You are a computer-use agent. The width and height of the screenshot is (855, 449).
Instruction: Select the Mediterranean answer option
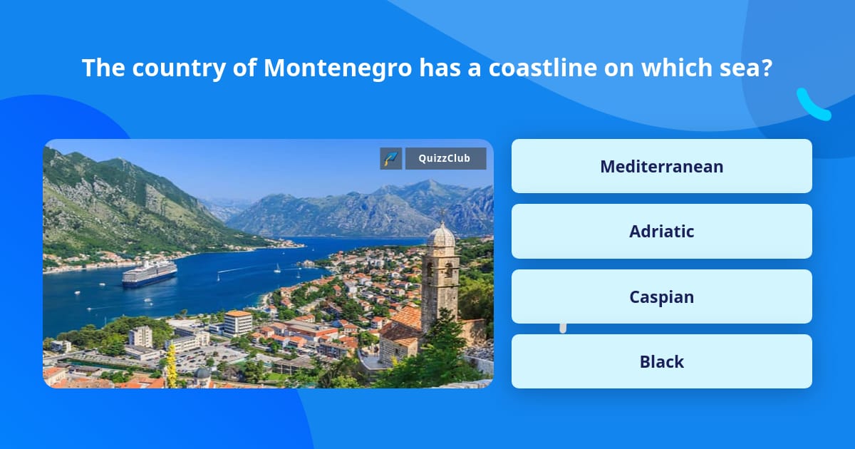(x=661, y=166)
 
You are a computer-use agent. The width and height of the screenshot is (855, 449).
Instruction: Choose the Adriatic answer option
(x=661, y=232)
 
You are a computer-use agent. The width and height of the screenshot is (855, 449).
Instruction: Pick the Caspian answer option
(x=661, y=296)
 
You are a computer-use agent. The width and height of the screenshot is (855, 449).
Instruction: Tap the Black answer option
(x=661, y=361)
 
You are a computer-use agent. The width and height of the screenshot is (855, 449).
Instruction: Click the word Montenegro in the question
(x=337, y=68)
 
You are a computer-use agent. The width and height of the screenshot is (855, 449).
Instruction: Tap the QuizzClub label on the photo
(x=445, y=158)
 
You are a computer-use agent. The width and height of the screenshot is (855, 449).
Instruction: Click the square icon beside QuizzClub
(x=391, y=158)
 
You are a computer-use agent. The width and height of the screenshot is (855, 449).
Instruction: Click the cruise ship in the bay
(x=149, y=273)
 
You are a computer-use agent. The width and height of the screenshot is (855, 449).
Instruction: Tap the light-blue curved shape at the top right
(x=813, y=105)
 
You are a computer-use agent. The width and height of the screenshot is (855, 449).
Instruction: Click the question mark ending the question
(x=767, y=68)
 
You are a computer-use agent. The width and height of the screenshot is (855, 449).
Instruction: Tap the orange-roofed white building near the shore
(x=237, y=322)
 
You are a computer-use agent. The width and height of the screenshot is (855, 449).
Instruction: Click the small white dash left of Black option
(x=563, y=328)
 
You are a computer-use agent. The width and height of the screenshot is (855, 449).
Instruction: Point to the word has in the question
(x=438, y=68)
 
